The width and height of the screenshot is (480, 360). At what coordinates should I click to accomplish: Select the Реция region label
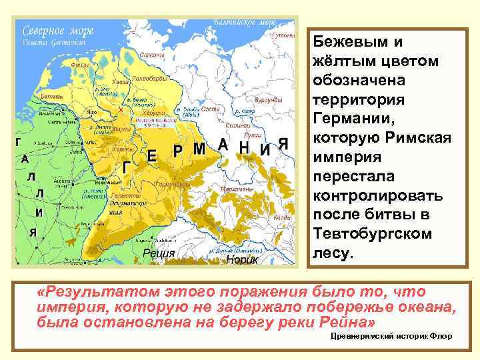160,253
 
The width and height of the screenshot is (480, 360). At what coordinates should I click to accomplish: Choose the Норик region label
241,258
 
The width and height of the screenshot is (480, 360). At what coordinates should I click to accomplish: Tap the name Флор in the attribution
442,336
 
